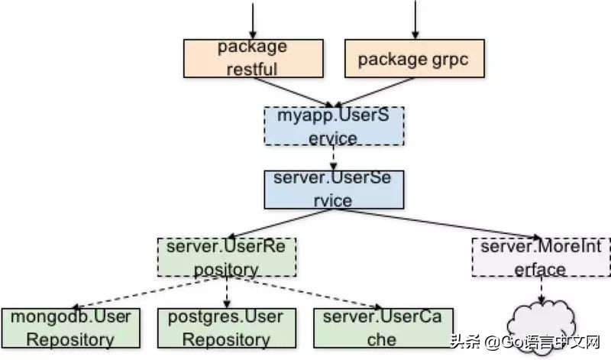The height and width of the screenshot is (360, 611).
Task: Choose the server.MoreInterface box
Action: pos(541,258)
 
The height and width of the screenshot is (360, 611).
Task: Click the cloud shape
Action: pos(543,328)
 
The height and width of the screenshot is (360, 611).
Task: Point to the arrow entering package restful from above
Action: pos(251,19)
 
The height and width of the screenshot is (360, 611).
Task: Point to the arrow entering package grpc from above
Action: pos(414,19)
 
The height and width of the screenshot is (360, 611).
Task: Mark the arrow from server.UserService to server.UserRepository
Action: pos(275,223)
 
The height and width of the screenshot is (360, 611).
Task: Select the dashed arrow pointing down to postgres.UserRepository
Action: pos(226,292)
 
